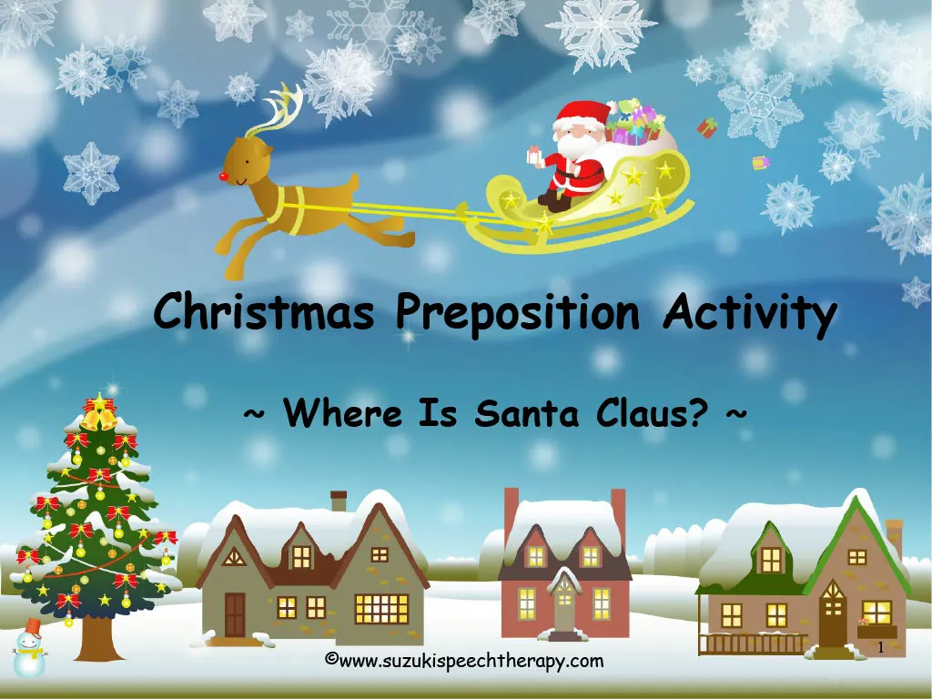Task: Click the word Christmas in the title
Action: pos(264,313)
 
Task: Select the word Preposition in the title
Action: pos(518,313)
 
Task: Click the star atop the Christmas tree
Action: pos(96,403)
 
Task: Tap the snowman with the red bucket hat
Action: pos(29,649)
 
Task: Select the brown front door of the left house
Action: pos(235,615)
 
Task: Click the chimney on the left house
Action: pos(339,501)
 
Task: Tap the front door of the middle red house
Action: pos(564,608)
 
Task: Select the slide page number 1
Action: pos(880,647)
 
